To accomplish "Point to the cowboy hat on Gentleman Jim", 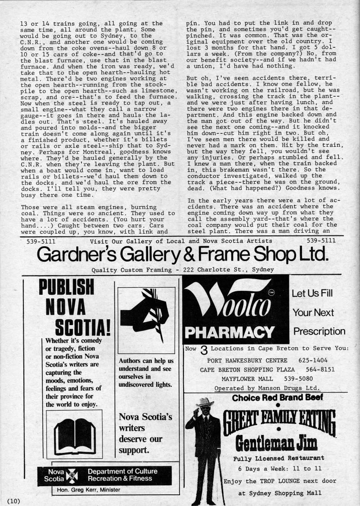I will pos(206,401).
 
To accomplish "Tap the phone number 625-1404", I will pos(313,360).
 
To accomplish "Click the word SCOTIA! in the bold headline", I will pos(82,326).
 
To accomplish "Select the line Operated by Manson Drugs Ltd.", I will pos(267,388).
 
